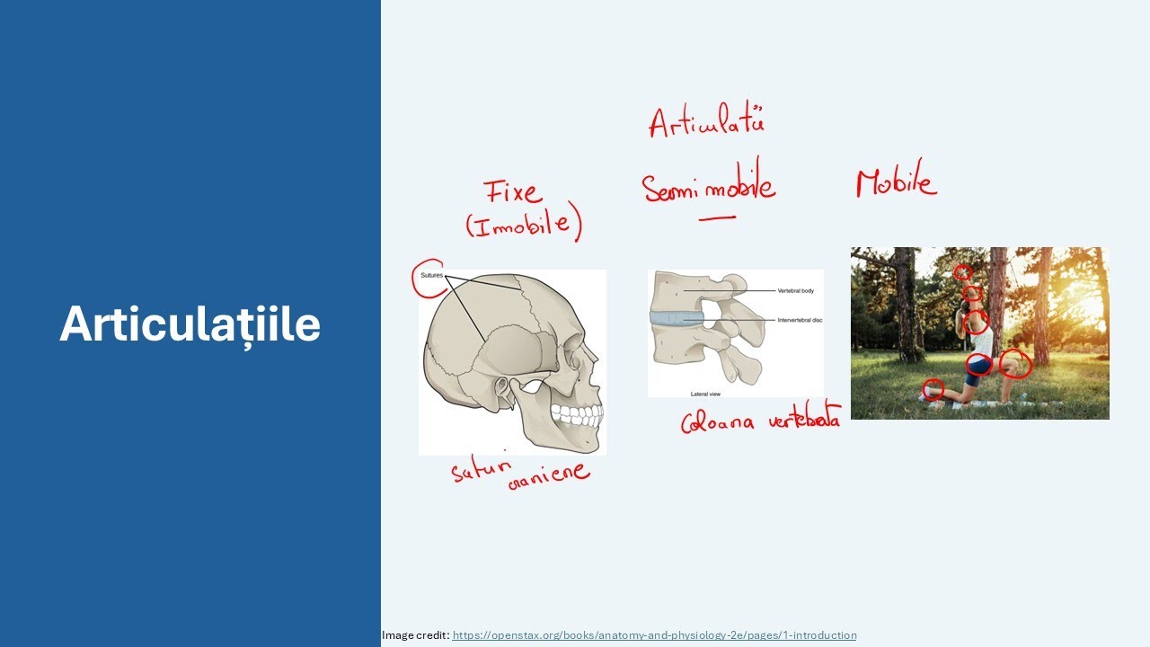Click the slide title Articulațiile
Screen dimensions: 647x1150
click(x=190, y=323)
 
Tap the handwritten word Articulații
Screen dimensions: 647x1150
click(x=706, y=122)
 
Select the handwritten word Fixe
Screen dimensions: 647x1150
click(x=513, y=192)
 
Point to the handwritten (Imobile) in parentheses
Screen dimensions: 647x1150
click(x=523, y=225)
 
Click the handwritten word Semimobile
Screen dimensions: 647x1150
click(x=708, y=187)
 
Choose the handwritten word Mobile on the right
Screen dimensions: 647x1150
click(x=896, y=182)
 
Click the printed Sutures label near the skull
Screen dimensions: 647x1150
click(x=432, y=275)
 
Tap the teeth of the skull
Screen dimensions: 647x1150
click(x=575, y=415)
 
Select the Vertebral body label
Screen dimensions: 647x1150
click(x=796, y=291)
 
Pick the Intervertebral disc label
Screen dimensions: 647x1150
click(x=799, y=320)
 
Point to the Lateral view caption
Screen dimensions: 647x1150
click(x=705, y=394)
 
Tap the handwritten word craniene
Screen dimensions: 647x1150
click(x=548, y=474)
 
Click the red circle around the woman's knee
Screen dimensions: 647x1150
click(x=1015, y=363)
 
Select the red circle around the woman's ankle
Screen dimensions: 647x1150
click(x=933, y=389)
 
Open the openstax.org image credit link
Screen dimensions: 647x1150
click(x=654, y=635)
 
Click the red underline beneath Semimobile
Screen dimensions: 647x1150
click(x=716, y=217)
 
